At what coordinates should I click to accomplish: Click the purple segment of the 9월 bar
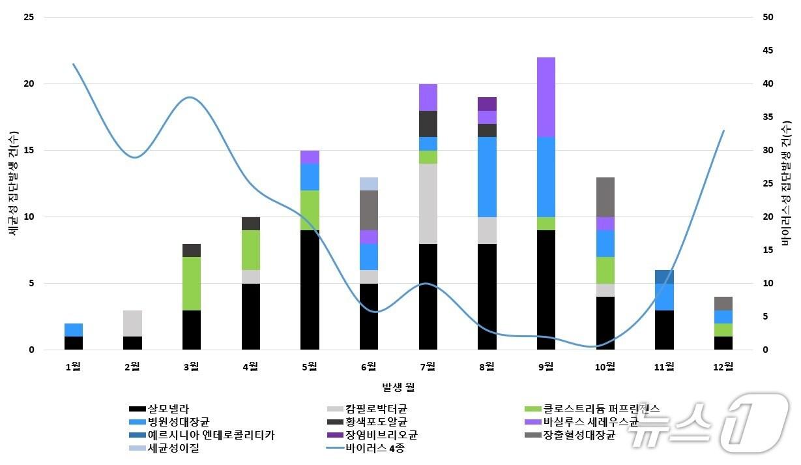(546, 97)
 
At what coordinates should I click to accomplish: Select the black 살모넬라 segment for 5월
(310, 290)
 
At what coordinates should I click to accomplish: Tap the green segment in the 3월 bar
(192, 284)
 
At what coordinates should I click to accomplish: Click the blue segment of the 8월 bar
(487, 177)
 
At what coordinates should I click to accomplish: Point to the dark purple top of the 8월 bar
(487, 104)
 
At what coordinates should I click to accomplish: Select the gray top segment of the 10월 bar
(605, 197)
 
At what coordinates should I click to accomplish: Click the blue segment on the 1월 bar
(74, 330)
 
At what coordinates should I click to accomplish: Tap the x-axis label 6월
(369, 367)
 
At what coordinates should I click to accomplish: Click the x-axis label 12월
(723, 367)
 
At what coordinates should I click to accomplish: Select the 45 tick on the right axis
(768, 51)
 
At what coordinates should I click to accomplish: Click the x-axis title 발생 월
(398, 387)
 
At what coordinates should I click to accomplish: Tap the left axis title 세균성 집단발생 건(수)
(12, 183)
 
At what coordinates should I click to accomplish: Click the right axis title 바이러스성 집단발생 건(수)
(787, 183)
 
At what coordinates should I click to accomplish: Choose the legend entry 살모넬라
(168, 409)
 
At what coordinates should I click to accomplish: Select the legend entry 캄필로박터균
(377, 409)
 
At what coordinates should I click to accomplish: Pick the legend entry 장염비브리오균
(381, 435)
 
